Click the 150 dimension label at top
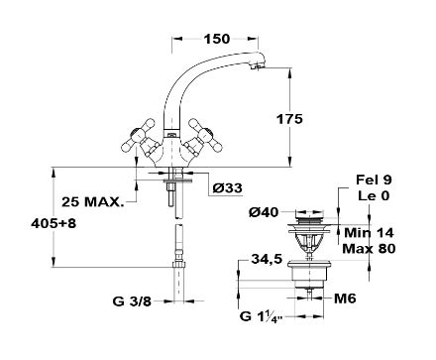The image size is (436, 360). [x=217, y=39]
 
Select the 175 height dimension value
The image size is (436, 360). [x=289, y=119]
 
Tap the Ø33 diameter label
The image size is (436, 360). [x=227, y=188]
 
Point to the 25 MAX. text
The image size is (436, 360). [x=93, y=201]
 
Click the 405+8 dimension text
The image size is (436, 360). [x=54, y=224]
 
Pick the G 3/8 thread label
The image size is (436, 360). [x=132, y=301]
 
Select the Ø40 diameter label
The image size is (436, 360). [x=264, y=212]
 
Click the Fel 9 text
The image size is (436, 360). [x=374, y=180]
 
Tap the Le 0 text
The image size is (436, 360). [x=374, y=196]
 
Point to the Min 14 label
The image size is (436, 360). [x=369, y=233]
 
